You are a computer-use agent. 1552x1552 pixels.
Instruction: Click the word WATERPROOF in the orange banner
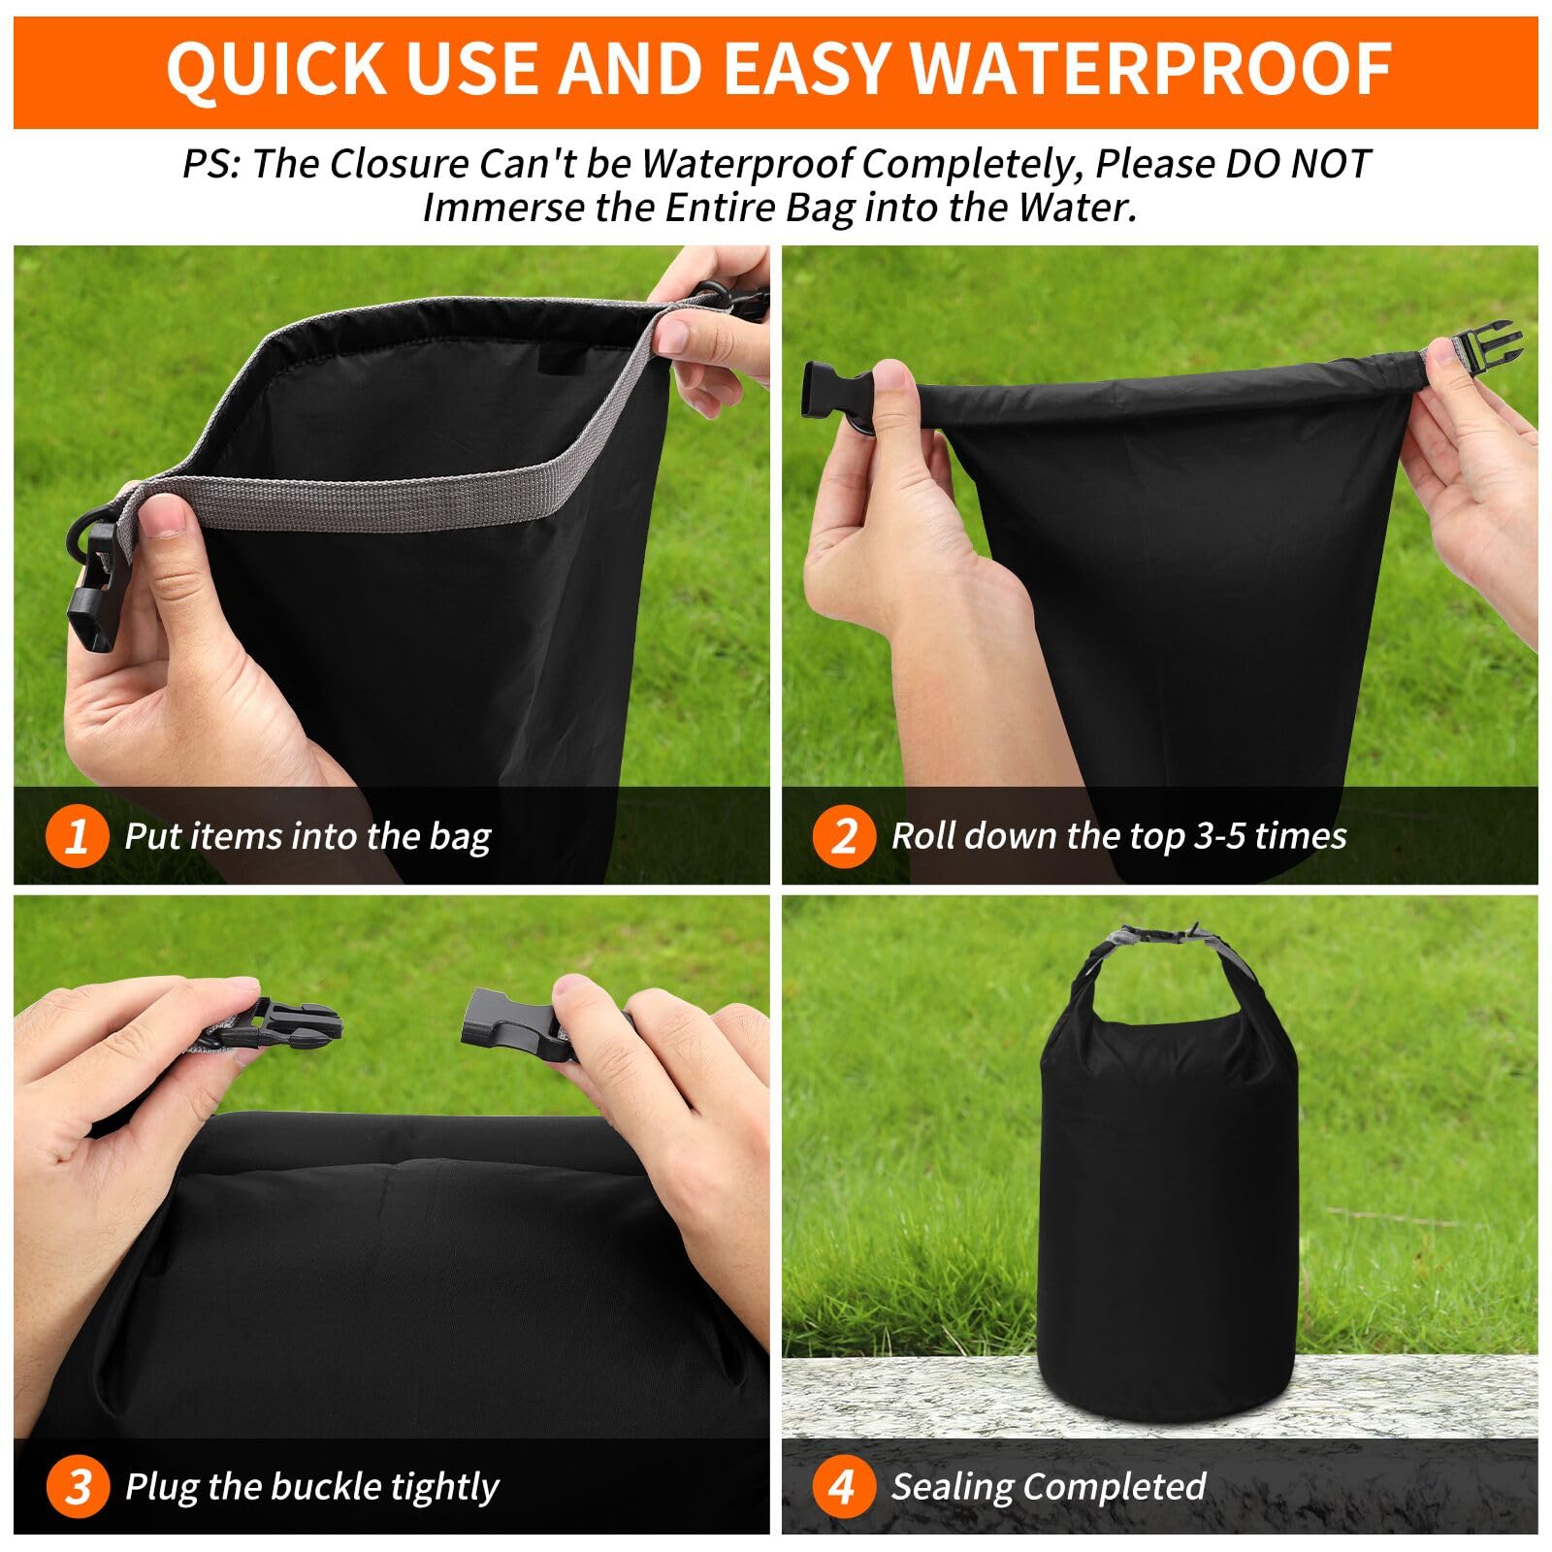1152,69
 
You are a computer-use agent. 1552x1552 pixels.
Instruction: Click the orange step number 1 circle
77,835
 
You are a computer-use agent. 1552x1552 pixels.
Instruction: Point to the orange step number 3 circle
77,1486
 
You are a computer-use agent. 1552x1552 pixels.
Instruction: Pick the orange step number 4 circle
843,1486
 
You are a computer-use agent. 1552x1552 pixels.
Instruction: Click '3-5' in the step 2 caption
1219,836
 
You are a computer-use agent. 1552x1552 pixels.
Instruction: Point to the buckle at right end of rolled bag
1485,347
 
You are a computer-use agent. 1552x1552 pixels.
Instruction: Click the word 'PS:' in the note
211,164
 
